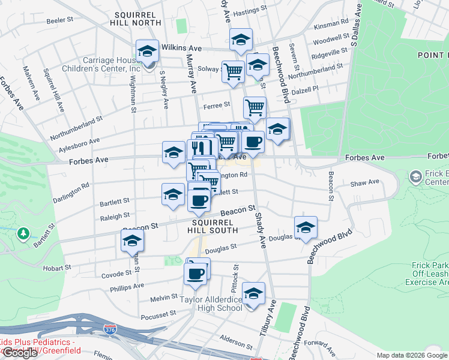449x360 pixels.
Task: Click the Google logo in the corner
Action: click(x=20, y=353)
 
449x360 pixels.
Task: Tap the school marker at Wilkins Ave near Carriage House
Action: click(x=146, y=52)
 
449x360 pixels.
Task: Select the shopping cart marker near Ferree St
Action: click(x=255, y=108)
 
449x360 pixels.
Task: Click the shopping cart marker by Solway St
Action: click(x=233, y=71)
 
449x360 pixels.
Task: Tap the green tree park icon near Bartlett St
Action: click(x=23, y=233)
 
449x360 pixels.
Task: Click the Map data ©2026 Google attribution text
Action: click(x=412, y=355)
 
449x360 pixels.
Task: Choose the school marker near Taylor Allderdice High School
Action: click(x=253, y=295)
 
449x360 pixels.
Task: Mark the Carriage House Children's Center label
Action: click(x=104, y=64)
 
